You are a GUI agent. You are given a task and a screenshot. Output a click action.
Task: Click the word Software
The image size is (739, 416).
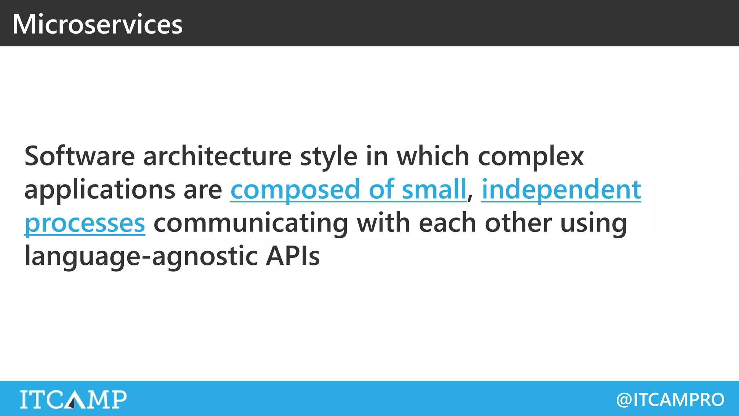pos(79,156)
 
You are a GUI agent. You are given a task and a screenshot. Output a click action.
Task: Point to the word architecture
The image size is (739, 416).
pos(217,156)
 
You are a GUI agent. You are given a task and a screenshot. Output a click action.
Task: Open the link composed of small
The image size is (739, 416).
pos(348,189)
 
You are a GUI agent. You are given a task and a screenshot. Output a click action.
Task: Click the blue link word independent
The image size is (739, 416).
pos(561,189)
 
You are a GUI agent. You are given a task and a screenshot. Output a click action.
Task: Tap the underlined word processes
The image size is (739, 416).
pos(85,223)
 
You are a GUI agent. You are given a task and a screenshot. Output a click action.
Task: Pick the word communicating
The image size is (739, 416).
pos(251,223)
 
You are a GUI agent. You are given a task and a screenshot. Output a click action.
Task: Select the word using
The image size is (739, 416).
pos(594,223)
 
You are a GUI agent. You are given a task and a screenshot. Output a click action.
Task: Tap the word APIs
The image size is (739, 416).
pos(293,256)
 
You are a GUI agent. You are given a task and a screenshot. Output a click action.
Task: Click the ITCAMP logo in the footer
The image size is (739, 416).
pos(73,399)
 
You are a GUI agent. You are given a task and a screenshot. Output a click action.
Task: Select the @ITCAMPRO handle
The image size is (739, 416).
pos(670,399)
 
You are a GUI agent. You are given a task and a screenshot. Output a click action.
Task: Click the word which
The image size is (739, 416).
pos(433,156)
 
